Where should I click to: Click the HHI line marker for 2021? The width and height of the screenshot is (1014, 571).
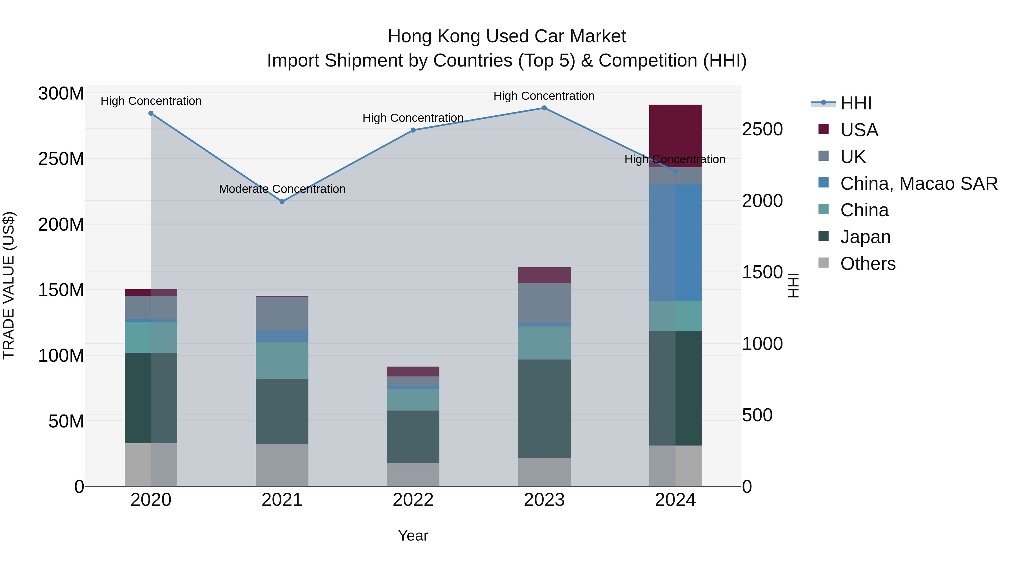click(x=282, y=201)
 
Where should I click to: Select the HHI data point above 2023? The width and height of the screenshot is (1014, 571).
click(x=544, y=108)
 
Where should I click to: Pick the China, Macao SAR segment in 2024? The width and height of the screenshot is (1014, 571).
click(x=675, y=242)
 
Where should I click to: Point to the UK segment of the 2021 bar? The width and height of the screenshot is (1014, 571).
click(x=282, y=313)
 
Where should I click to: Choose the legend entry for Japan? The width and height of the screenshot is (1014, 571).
click(x=865, y=237)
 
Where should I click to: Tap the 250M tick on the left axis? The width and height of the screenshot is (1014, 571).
click(x=61, y=159)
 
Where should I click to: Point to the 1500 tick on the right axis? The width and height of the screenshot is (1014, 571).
click(x=762, y=272)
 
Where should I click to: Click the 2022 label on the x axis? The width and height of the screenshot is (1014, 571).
click(x=413, y=500)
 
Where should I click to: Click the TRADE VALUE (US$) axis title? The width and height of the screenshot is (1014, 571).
click(x=9, y=285)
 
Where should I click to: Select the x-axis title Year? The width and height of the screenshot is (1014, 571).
click(x=413, y=535)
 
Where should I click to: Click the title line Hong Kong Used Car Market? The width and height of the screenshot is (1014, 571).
click(x=507, y=36)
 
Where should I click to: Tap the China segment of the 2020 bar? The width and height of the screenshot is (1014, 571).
click(x=151, y=337)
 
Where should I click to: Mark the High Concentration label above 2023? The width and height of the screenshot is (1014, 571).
click(x=544, y=96)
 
